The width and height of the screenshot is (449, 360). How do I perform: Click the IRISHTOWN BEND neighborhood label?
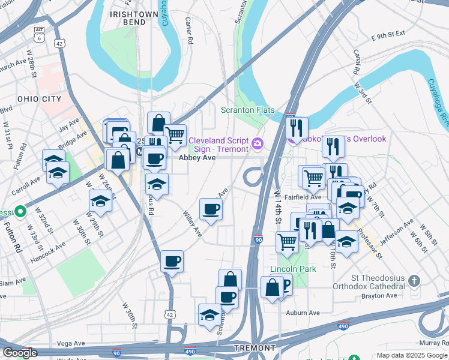tap(133, 18)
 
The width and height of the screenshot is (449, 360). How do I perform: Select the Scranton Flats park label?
tap(248, 110)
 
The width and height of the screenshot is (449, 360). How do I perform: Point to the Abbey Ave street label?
tap(197, 158)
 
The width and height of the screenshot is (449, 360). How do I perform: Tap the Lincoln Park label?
tap(293, 269)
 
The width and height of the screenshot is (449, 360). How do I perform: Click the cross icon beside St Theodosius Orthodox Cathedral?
tap(414, 281)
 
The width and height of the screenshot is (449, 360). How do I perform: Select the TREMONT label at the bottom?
tap(256, 348)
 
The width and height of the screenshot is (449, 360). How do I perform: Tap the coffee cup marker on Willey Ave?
tap(211, 209)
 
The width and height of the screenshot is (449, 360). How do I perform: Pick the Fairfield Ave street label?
tap(304, 196)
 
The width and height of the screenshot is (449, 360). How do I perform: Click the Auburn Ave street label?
tap(303, 313)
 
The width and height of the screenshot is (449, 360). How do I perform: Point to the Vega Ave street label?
tap(71, 343)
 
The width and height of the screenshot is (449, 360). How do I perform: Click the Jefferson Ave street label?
tap(397, 230)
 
